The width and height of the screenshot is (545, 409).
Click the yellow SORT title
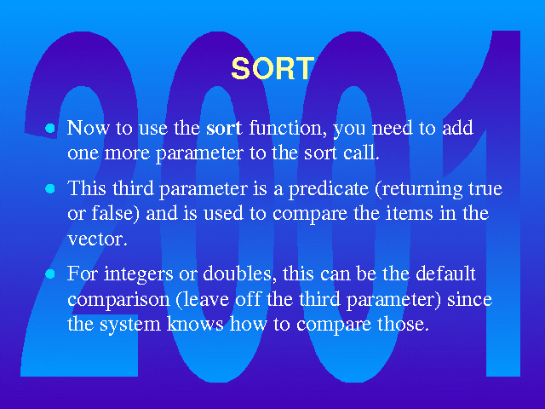click(x=272, y=68)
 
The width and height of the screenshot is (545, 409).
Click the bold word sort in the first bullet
click(x=224, y=128)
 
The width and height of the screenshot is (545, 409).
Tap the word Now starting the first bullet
click(x=88, y=127)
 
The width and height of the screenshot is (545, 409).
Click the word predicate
click(x=329, y=189)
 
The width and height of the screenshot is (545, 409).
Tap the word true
click(x=485, y=189)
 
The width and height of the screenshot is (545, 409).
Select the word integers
click(x=138, y=274)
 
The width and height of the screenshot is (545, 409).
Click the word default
click(x=445, y=273)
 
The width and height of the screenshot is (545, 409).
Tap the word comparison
click(x=118, y=300)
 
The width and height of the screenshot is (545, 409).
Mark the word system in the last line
click(x=130, y=325)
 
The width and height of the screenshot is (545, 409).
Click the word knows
click(x=195, y=324)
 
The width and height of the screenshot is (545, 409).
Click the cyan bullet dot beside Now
click(x=50, y=129)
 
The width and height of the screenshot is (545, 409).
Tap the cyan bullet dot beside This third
click(x=50, y=189)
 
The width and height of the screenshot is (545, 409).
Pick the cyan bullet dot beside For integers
click(x=50, y=274)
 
